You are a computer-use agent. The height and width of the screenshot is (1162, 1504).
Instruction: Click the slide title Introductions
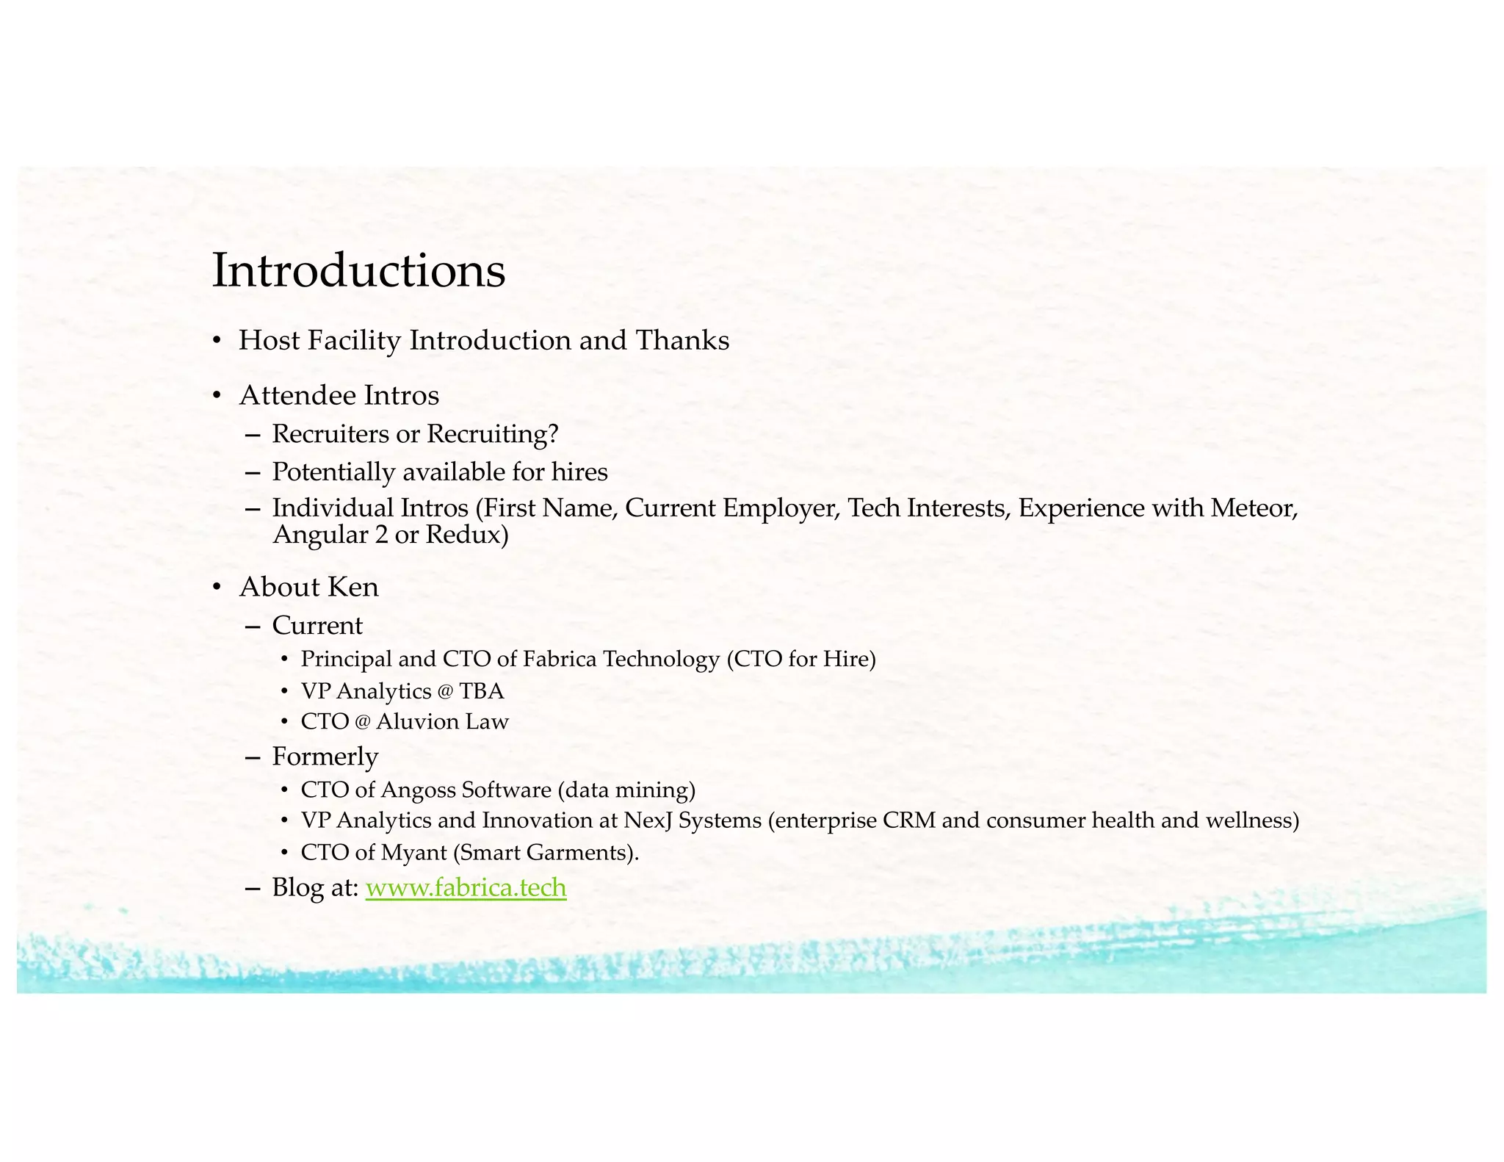pyautogui.click(x=358, y=270)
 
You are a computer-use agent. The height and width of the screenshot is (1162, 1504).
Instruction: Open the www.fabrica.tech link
pyautogui.click(x=466, y=887)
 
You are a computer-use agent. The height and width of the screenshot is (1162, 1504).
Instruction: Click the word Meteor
pyautogui.click(x=1254, y=508)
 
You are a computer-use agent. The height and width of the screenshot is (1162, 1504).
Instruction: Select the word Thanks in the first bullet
pyautogui.click(x=682, y=340)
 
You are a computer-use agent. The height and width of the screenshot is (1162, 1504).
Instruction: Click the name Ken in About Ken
pyautogui.click(x=353, y=587)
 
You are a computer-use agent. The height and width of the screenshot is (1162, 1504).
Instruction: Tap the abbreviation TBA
pyautogui.click(x=482, y=691)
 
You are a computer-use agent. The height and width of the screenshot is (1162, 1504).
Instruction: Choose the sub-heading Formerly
pyautogui.click(x=325, y=756)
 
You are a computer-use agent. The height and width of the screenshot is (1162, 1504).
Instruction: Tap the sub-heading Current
pyautogui.click(x=317, y=625)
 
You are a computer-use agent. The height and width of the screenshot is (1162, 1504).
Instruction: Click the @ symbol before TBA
pyautogui.click(x=446, y=692)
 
